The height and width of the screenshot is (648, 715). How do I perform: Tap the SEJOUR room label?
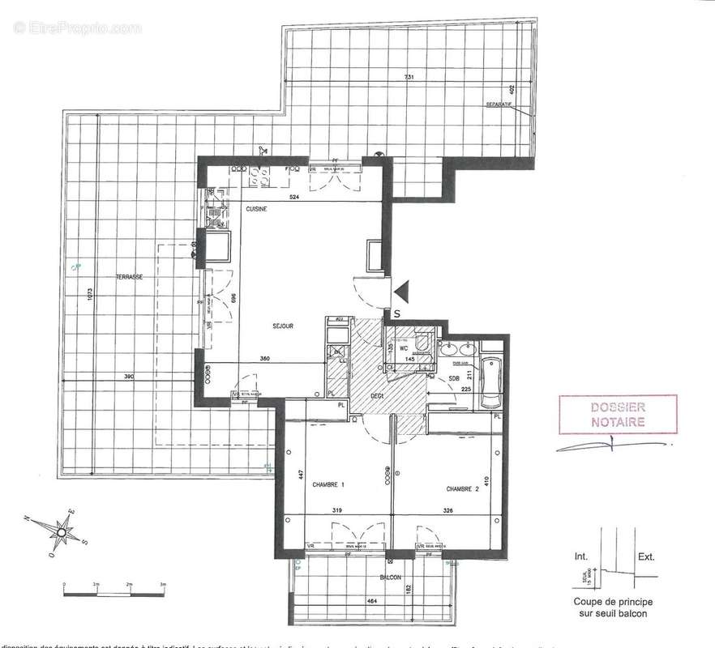coord(282,326)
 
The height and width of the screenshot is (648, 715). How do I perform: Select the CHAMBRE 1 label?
coord(332,485)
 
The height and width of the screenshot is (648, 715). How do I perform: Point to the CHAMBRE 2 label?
coord(461,489)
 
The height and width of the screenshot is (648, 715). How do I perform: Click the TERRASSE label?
coord(129,277)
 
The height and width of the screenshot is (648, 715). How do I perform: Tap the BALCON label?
coord(391,578)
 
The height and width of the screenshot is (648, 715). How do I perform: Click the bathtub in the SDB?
coord(492,380)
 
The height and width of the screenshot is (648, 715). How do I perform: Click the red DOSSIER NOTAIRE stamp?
coord(618,416)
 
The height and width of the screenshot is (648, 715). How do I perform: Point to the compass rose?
coord(59,532)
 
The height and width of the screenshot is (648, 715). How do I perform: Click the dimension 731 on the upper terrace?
coord(411,77)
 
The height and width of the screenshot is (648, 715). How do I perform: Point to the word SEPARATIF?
coord(499,105)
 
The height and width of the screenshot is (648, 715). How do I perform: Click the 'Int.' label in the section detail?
coord(581,557)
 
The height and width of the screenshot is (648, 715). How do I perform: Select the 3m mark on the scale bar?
coord(162,583)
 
